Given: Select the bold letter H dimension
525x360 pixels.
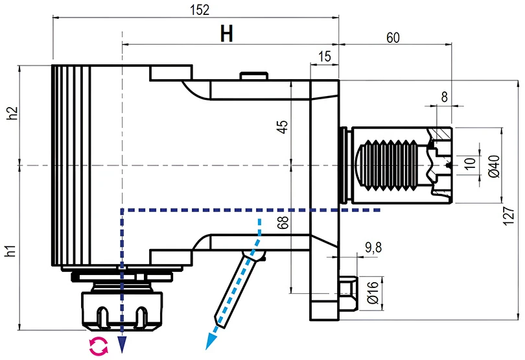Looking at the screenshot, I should pos(226,34).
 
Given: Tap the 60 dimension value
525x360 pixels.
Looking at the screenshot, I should pos(393,38).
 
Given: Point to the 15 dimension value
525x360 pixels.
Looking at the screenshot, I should pos(325,57).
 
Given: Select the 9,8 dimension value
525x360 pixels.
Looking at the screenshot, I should pos(373,247).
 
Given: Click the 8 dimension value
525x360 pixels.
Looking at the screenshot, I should pos(444,97).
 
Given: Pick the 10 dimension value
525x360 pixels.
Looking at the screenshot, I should pos(471,162).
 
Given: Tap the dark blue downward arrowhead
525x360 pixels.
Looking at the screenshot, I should pos(121,343).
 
